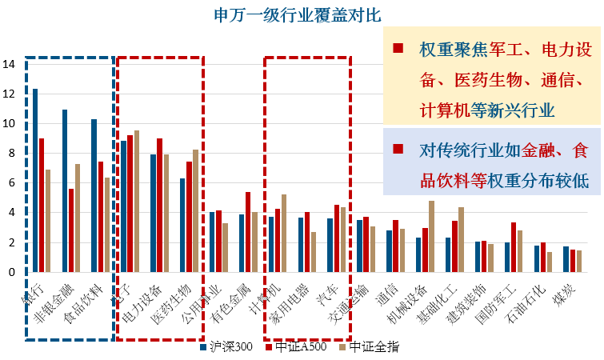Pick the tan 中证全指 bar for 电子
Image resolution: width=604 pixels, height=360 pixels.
[136, 201]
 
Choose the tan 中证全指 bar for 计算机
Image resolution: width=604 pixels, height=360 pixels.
[284, 233]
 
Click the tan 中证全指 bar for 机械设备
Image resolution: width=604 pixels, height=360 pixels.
[431, 236]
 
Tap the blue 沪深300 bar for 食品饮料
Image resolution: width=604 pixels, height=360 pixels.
[94, 195]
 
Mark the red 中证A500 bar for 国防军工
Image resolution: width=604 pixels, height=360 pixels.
[514, 247]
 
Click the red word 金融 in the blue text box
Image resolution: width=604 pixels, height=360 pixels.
[544, 149]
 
